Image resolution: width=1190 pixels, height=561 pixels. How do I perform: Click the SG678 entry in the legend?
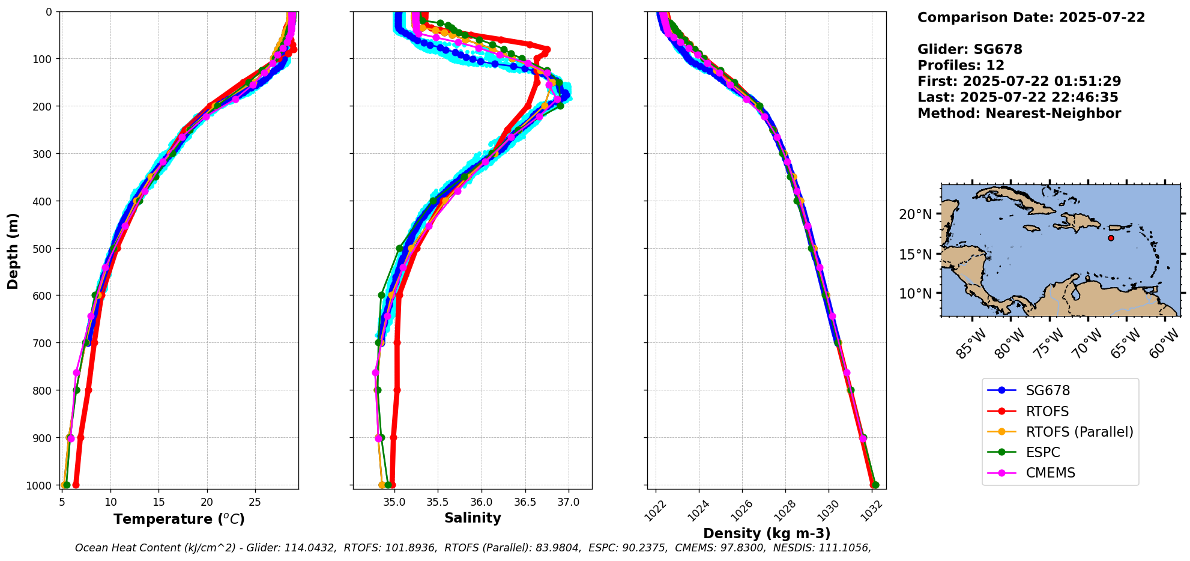[x=1047, y=390]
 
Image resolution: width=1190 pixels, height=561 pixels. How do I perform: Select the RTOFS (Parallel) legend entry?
[x=1079, y=432]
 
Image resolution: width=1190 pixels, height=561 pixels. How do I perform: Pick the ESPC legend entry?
[x=1042, y=452]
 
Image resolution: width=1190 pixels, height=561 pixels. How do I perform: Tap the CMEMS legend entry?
[x=1050, y=473]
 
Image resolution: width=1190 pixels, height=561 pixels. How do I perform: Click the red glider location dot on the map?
[x=1111, y=238]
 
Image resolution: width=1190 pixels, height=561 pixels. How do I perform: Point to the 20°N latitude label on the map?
[x=916, y=215]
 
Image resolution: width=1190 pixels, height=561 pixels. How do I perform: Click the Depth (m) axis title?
[x=13, y=250]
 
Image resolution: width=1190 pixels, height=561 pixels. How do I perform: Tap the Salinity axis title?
[x=473, y=518]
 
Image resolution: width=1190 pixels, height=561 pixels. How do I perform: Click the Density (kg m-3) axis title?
[x=767, y=533]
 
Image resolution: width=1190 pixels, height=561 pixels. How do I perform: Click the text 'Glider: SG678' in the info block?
[x=970, y=49]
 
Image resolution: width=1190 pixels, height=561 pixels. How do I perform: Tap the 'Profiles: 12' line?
[x=961, y=65]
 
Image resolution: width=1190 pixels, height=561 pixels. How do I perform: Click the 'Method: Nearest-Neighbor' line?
[x=1019, y=113]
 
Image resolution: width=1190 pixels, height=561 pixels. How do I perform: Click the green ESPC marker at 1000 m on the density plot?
[x=875, y=485]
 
